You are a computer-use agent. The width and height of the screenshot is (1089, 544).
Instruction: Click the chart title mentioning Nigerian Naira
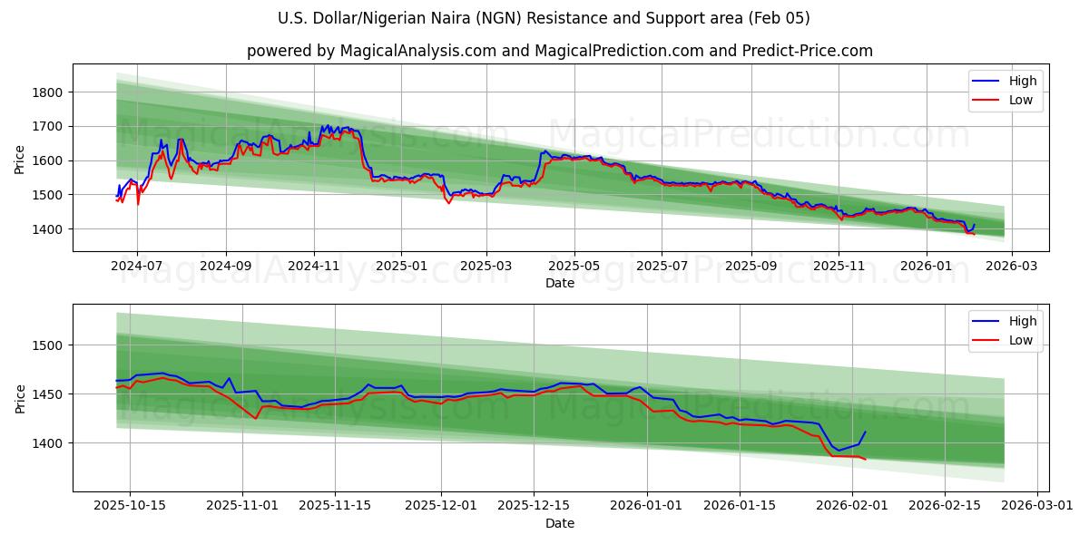tap(544, 18)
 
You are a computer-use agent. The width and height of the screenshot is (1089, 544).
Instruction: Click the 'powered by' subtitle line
tap(559, 51)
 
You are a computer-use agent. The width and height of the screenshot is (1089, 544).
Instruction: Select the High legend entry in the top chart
tap(1022, 81)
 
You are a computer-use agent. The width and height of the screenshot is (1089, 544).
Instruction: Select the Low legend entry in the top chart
tap(1020, 100)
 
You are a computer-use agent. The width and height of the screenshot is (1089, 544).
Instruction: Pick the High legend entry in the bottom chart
tap(1022, 321)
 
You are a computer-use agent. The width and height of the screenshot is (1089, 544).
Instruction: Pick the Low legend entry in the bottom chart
tap(1020, 340)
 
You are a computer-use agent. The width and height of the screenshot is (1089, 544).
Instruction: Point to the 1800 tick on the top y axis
tap(46, 92)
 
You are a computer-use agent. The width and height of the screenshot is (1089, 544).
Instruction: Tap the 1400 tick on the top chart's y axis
tap(46, 229)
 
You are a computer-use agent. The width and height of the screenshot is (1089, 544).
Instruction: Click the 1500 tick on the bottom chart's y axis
tap(46, 345)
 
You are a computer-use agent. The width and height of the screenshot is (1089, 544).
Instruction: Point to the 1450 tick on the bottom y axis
tap(46, 394)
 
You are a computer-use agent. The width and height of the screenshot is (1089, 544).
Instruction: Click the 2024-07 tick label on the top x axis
tap(137, 267)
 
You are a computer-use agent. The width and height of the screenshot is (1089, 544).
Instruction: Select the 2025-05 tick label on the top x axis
tap(574, 267)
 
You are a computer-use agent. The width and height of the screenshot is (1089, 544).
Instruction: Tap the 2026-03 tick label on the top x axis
tap(1011, 267)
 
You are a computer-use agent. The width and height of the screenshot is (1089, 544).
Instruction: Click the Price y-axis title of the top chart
tap(20, 159)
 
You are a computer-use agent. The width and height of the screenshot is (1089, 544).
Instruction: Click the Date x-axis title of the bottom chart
tap(559, 523)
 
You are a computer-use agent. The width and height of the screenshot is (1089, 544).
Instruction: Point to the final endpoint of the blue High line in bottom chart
tap(865, 432)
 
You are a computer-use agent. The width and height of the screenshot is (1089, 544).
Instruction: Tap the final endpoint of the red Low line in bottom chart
tap(865, 460)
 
